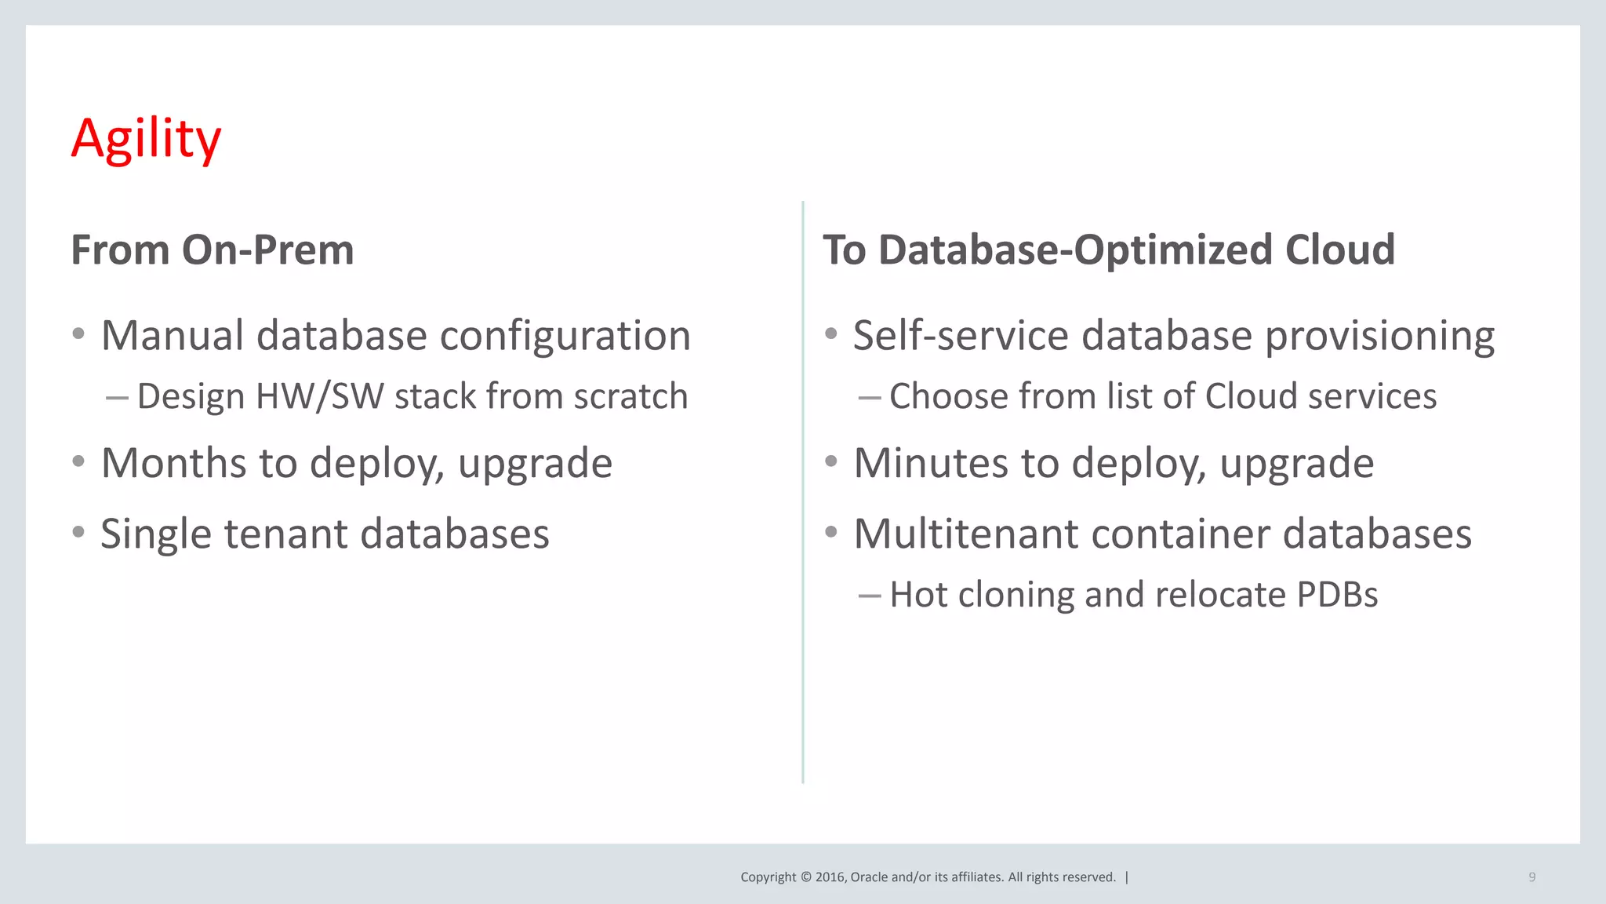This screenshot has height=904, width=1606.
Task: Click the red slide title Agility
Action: point(146,138)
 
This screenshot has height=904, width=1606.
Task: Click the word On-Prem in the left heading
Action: point(267,250)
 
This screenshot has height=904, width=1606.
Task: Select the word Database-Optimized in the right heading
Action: point(1076,250)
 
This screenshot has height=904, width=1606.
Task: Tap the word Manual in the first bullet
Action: point(173,336)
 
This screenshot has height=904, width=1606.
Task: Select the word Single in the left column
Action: point(156,534)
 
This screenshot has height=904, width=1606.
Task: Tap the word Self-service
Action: point(961,336)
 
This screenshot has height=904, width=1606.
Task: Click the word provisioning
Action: point(1379,336)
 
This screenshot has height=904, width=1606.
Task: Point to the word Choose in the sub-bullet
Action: point(948,396)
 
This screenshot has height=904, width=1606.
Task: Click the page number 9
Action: point(1532,877)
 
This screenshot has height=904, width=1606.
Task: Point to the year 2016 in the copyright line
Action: point(830,877)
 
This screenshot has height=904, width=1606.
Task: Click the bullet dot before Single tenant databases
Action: point(78,532)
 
